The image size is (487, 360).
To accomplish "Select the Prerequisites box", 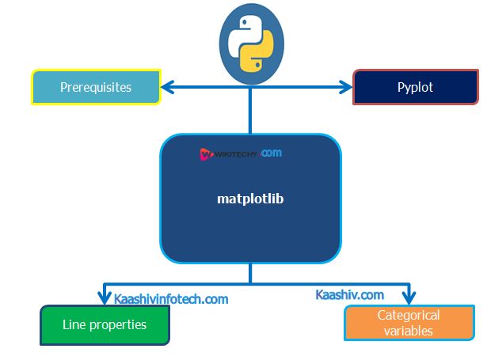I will [95, 87].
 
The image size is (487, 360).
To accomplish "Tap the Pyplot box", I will [415, 87].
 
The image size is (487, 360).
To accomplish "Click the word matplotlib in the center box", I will [250, 199].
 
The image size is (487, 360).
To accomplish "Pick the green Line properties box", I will [105, 324].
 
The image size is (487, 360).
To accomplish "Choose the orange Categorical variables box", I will [409, 323].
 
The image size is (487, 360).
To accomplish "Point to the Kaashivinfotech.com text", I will [171, 299].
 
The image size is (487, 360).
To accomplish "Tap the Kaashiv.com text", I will [349, 295].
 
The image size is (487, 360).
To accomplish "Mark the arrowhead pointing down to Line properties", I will [104, 297].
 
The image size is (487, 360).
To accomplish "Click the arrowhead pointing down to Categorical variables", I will [409, 297].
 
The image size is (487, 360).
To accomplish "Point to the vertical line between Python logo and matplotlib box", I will [251, 111].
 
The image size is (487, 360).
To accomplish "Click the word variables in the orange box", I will [409, 331].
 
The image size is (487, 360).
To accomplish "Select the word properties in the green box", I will [116, 324].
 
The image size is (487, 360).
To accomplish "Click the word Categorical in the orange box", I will [409, 315].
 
